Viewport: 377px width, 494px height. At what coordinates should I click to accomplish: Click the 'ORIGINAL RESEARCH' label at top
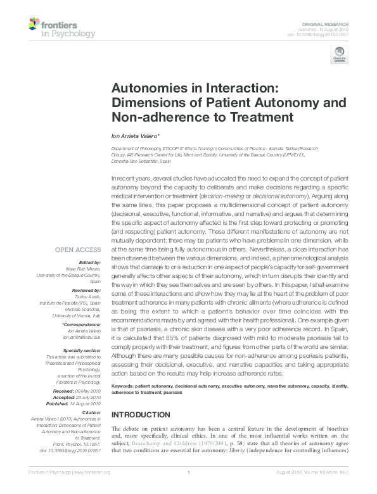[331, 22]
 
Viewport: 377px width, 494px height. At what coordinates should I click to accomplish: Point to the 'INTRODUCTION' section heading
[140, 414]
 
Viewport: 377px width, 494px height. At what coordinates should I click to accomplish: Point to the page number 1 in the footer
[189, 490]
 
